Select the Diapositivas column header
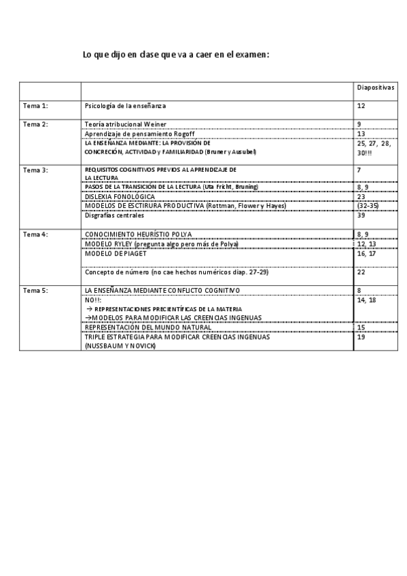376,88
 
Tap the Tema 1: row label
35,106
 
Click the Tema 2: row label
35,124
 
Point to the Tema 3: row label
35,169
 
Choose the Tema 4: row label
35,234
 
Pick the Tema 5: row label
35,291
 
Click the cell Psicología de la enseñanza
125,106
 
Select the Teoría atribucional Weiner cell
126,124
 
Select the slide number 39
361,216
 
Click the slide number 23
361,197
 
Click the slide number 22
361,272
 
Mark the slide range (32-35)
368,206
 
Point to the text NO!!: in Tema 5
93,300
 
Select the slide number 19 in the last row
361,337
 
